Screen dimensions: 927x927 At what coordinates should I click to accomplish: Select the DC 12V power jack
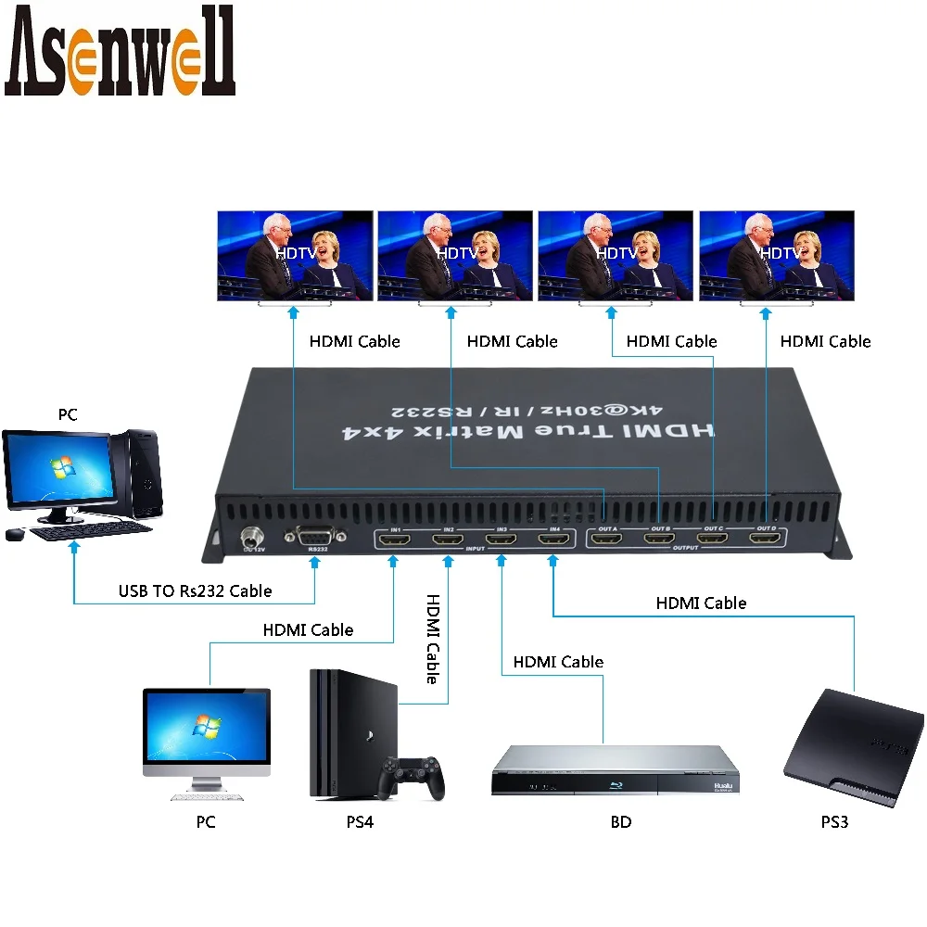[x=250, y=537]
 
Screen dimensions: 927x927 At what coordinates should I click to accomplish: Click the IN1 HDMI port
[x=395, y=540]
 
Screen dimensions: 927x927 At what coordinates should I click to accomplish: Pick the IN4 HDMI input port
[x=553, y=540]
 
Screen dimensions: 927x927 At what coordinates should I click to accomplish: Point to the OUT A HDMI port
[x=607, y=538]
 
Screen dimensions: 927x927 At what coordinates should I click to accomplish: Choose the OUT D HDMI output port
[x=766, y=538]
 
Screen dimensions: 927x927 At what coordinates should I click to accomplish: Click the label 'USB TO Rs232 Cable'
[x=195, y=590]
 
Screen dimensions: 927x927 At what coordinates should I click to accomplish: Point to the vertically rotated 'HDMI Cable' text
[x=431, y=639]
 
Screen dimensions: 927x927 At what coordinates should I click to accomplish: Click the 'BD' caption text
[x=620, y=822]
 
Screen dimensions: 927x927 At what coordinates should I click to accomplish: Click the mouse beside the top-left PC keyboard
[x=14, y=534]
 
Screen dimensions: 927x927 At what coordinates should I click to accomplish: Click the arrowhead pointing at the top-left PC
[x=73, y=551]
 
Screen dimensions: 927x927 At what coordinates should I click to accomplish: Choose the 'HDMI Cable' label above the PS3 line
[x=701, y=603]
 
